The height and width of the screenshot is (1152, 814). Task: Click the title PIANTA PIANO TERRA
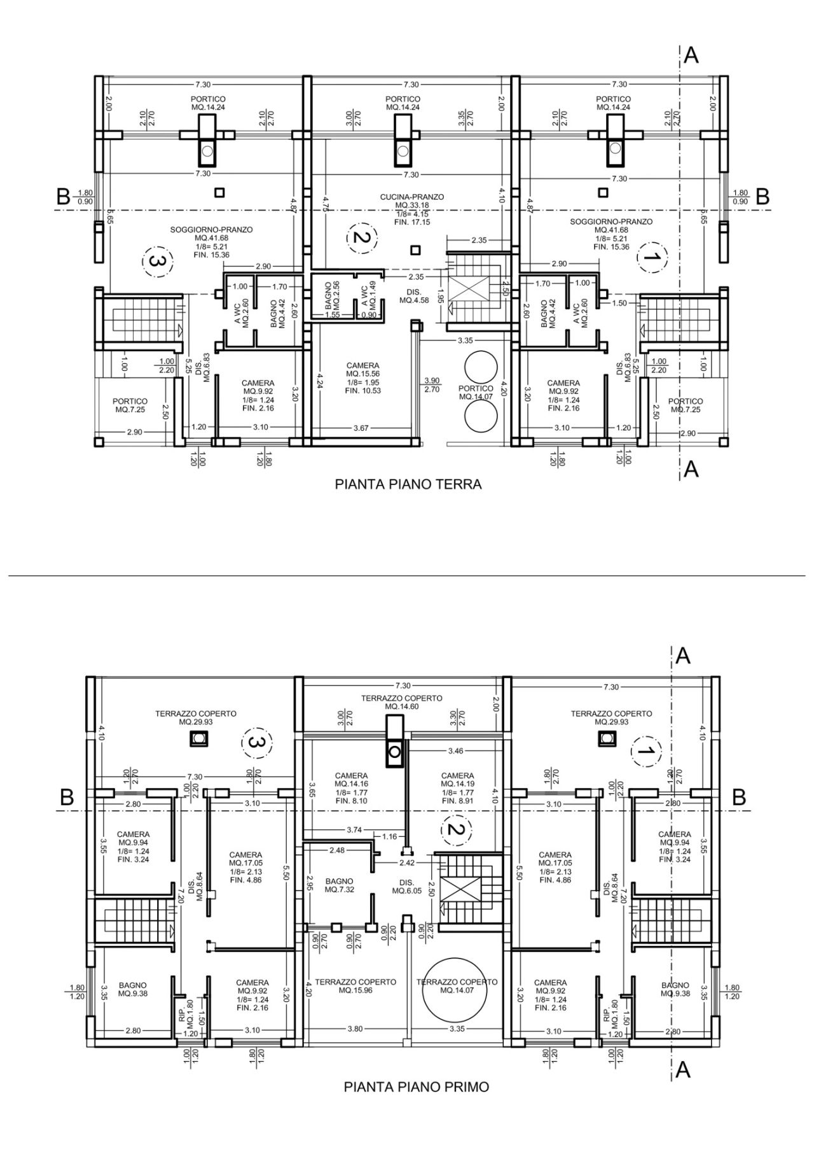point(408,484)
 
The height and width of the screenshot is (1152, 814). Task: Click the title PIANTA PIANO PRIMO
point(417,1086)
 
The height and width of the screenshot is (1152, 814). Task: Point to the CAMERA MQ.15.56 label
point(363,378)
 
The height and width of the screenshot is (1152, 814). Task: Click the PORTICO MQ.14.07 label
point(476,392)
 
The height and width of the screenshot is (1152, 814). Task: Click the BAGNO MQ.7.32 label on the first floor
point(339,885)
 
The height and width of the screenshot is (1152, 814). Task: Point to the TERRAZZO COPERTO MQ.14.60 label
point(401,702)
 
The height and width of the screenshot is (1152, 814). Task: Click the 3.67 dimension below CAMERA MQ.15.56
point(361,428)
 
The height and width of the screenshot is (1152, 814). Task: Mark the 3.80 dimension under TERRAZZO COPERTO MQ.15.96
point(355,1029)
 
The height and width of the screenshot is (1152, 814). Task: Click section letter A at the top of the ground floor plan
point(691,56)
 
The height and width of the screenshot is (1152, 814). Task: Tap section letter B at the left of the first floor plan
point(66,797)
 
